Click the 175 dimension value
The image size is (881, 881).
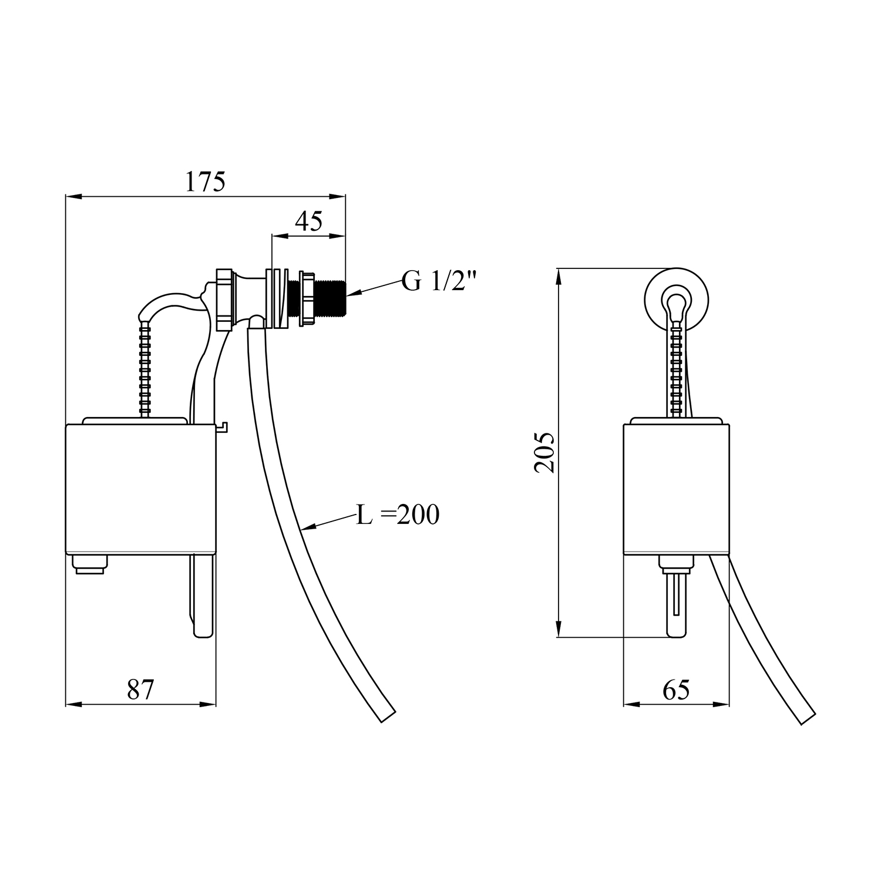206,182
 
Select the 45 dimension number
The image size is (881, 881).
308,221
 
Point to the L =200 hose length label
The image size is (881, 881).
398,515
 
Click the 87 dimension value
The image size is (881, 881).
140,689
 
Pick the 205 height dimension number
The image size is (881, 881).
544,452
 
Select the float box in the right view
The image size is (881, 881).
676,489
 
